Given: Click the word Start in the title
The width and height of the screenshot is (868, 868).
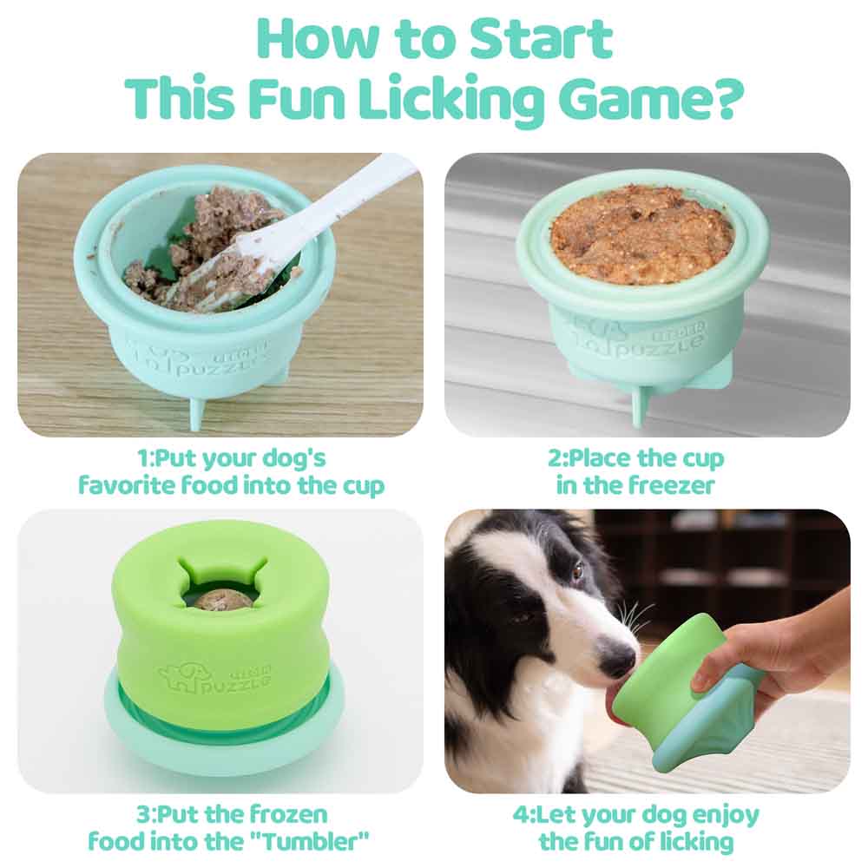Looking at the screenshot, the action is (x=540, y=39).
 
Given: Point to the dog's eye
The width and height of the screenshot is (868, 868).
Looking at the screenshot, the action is (x=577, y=569).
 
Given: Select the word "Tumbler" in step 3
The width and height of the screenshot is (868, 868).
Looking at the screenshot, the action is (x=314, y=842).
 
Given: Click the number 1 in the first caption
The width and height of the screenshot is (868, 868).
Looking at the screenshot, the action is (x=143, y=458).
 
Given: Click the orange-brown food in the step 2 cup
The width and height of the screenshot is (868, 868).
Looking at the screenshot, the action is (x=642, y=234).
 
